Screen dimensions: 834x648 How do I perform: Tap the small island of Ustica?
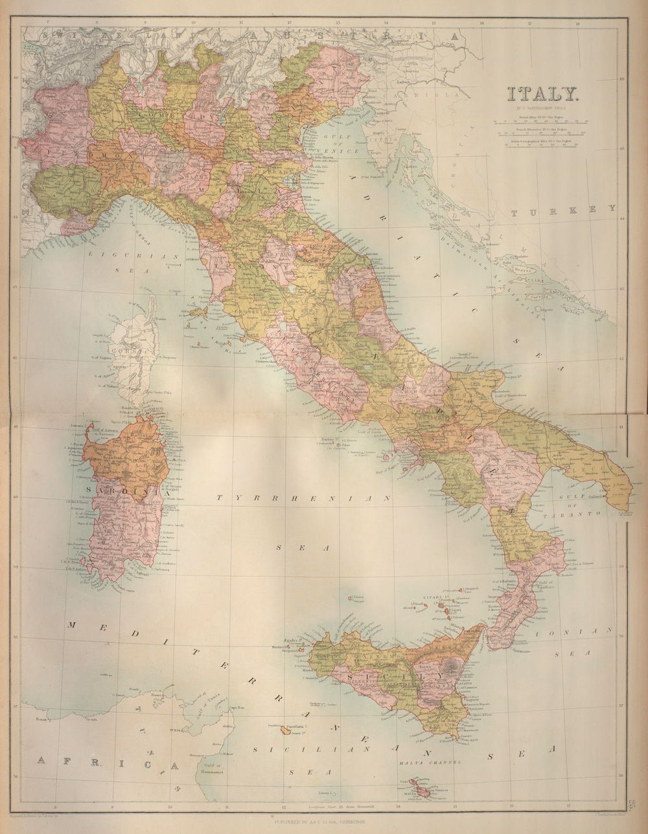[351, 598]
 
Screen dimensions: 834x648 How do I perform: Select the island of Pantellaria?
[286, 730]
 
